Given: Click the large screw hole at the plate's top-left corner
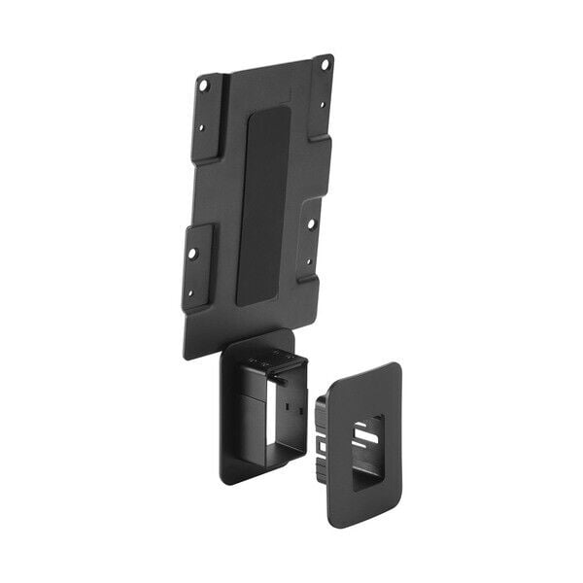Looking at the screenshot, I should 204,85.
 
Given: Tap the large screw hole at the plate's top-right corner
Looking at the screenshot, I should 325,65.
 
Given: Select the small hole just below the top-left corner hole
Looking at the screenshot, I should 203,126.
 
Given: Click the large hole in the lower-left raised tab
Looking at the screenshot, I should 192,253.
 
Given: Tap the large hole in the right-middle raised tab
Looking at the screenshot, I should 311,223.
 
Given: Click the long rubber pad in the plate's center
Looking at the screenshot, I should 263,204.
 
